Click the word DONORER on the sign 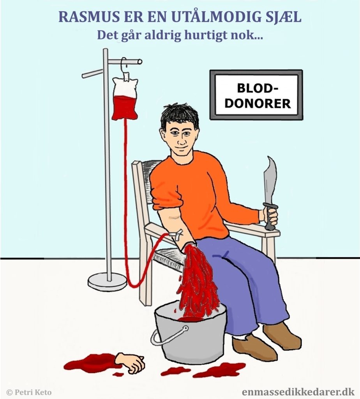click(x=258, y=104)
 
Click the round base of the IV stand click(x=107, y=281)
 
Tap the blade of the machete click(x=270, y=181)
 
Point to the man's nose click(x=181, y=139)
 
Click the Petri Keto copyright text click(x=29, y=392)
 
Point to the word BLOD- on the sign click(x=258, y=88)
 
